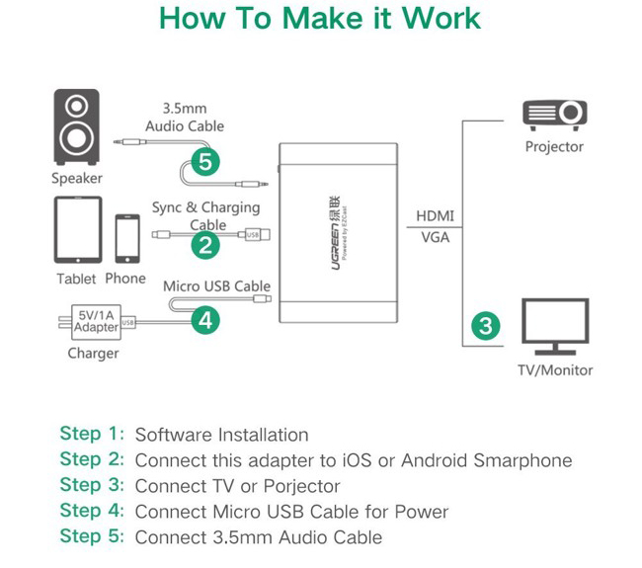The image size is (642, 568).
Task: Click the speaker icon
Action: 76,128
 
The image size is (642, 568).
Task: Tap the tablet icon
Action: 77,229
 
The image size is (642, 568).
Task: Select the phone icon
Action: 126,238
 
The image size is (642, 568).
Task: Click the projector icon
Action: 555,115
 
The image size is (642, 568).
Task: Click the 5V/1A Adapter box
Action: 97,321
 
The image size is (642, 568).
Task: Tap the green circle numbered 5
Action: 204,163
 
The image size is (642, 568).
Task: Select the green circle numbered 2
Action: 204,246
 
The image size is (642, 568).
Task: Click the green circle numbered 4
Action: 204,320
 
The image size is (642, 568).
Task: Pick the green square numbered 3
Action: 484,325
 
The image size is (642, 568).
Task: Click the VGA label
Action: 435,237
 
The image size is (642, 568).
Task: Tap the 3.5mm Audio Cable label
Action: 185,118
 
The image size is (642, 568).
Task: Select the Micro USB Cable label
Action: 216,286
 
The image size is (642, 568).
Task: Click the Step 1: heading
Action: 92,434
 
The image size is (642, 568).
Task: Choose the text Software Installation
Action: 221,435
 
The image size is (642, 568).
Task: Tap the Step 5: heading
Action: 92,536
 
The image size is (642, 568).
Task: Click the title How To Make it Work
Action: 320,19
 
